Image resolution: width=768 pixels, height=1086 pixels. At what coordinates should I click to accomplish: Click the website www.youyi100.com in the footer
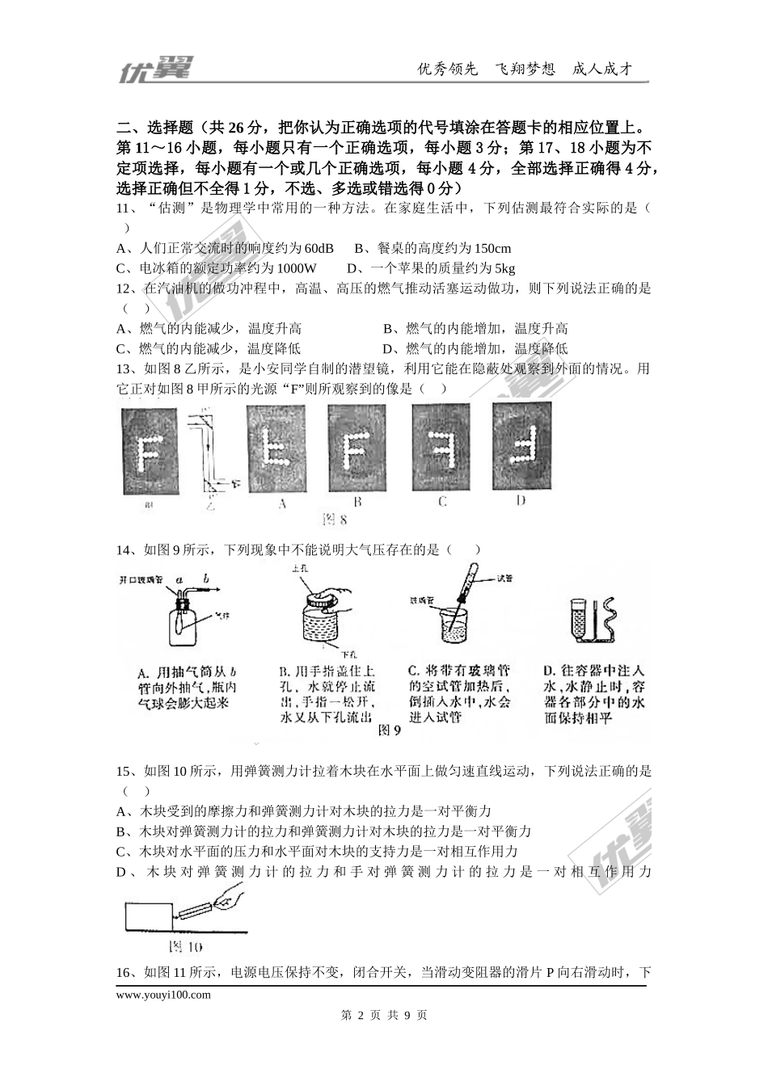[x=163, y=995]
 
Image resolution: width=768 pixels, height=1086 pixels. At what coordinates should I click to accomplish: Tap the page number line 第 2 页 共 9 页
[x=384, y=1015]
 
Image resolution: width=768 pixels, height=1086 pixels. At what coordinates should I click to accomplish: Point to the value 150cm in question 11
[x=490, y=248]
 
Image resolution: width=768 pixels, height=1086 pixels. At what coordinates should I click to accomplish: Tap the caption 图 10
[x=184, y=946]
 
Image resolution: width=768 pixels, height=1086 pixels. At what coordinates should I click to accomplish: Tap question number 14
[x=126, y=550]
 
